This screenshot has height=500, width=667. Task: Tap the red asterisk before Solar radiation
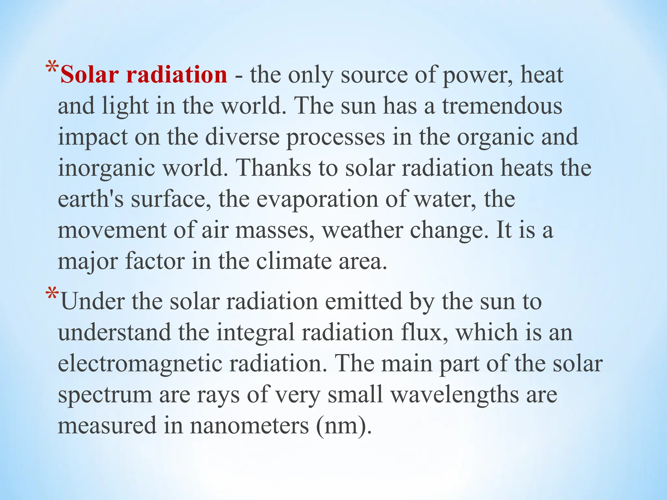point(52,69)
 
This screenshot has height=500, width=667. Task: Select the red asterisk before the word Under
point(52,294)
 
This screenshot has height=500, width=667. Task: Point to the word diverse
point(242,137)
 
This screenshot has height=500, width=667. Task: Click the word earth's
point(91,199)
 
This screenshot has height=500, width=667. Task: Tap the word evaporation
point(317,199)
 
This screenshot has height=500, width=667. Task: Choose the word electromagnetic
point(140,364)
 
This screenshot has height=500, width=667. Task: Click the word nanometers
point(249,426)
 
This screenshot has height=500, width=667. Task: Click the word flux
point(425,332)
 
